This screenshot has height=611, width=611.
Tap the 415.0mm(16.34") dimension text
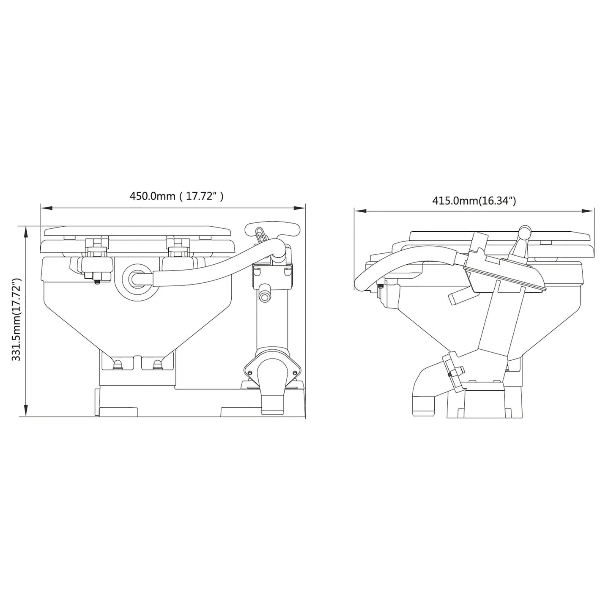point(474,201)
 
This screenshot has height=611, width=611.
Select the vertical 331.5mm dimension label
point(16,320)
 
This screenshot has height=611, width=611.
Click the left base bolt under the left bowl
point(119,363)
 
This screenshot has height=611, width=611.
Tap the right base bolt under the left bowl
point(158,363)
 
